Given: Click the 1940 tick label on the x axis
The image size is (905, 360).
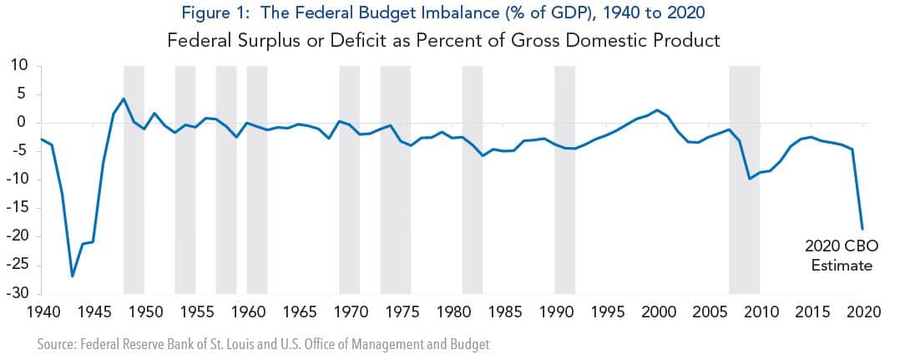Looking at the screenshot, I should click(42, 312).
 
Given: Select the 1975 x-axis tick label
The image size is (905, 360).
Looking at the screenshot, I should click(401, 312).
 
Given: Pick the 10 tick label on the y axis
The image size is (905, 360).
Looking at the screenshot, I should click(21, 66).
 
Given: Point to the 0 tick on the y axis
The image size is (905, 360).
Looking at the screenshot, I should click(25, 123).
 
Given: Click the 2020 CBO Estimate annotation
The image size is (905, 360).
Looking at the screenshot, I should click(839, 256).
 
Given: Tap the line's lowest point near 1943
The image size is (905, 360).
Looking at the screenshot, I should click(73, 276).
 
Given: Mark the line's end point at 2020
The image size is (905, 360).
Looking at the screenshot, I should click(862, 228).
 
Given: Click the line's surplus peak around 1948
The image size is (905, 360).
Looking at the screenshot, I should click(124, 99).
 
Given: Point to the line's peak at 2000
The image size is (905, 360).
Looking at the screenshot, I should click(658, 110).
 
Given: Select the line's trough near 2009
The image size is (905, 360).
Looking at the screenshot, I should click(750, 178).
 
